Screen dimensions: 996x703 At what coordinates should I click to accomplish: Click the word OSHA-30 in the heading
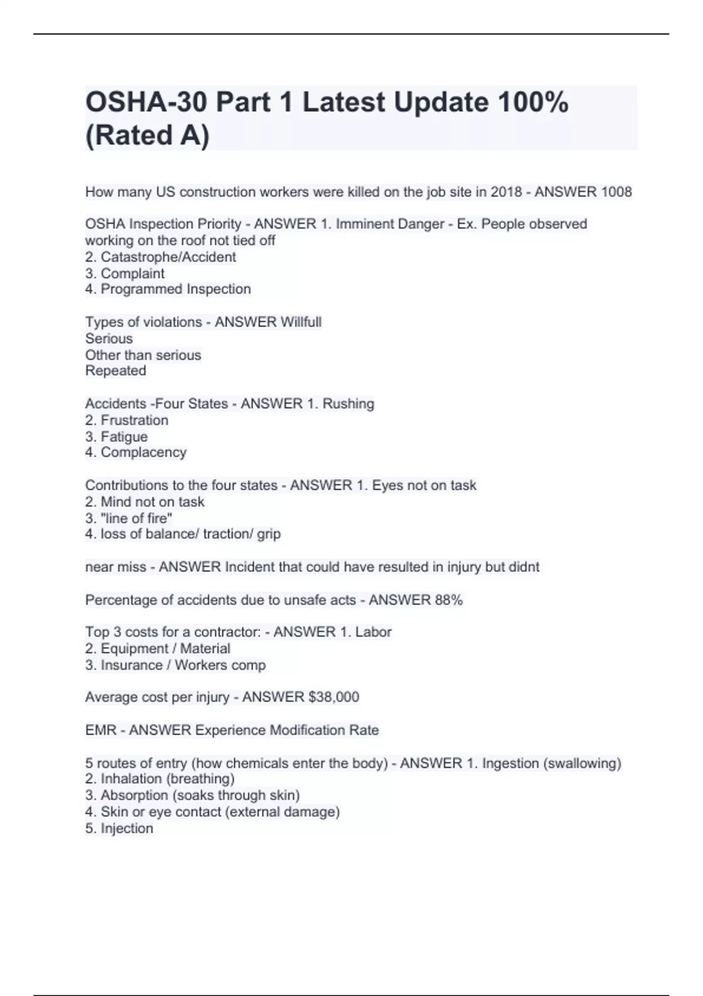[x=146, y=103]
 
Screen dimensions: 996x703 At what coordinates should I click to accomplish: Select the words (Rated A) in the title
[x=147, y=135]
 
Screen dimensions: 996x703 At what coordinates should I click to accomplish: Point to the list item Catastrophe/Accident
[x=168, y=257]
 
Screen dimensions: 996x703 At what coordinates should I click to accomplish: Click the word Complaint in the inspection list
[x=132, y=274]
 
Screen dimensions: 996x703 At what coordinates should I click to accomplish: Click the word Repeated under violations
[x=115, y=371]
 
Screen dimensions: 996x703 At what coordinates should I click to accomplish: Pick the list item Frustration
[x=134, y=420]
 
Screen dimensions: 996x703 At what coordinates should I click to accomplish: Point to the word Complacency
[x=144, y=452]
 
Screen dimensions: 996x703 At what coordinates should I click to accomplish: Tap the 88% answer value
[x=449, y=600]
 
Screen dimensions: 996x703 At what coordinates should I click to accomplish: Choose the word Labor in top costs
[x=373, y=632]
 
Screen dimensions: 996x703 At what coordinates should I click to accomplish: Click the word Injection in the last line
[x=127, y=828]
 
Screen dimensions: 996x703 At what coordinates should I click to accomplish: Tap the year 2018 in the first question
[x=506, y=192]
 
